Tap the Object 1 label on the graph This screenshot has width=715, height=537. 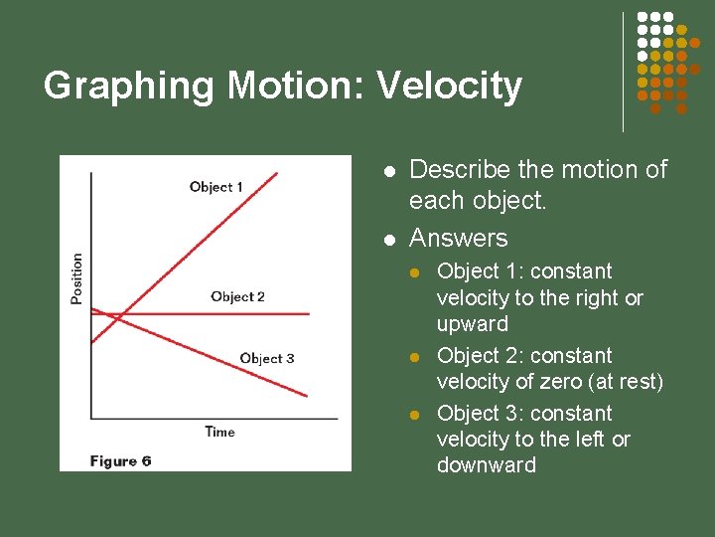click(216, 187)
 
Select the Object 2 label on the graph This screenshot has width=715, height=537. click(237, 296)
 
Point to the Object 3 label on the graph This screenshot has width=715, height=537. click(267, 358)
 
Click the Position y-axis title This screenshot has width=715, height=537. click(77, 277)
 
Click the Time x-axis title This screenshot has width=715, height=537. click(219, 432)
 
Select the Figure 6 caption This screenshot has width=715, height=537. click(120, 460)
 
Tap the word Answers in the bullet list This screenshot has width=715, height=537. click(458, 238)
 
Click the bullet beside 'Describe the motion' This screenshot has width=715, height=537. click(390, 172)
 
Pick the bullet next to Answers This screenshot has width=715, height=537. click(390, 240)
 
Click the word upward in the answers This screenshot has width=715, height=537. click(472, 324)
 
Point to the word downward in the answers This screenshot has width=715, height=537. click(486, 465)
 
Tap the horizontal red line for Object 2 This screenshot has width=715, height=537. click(268, 314)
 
